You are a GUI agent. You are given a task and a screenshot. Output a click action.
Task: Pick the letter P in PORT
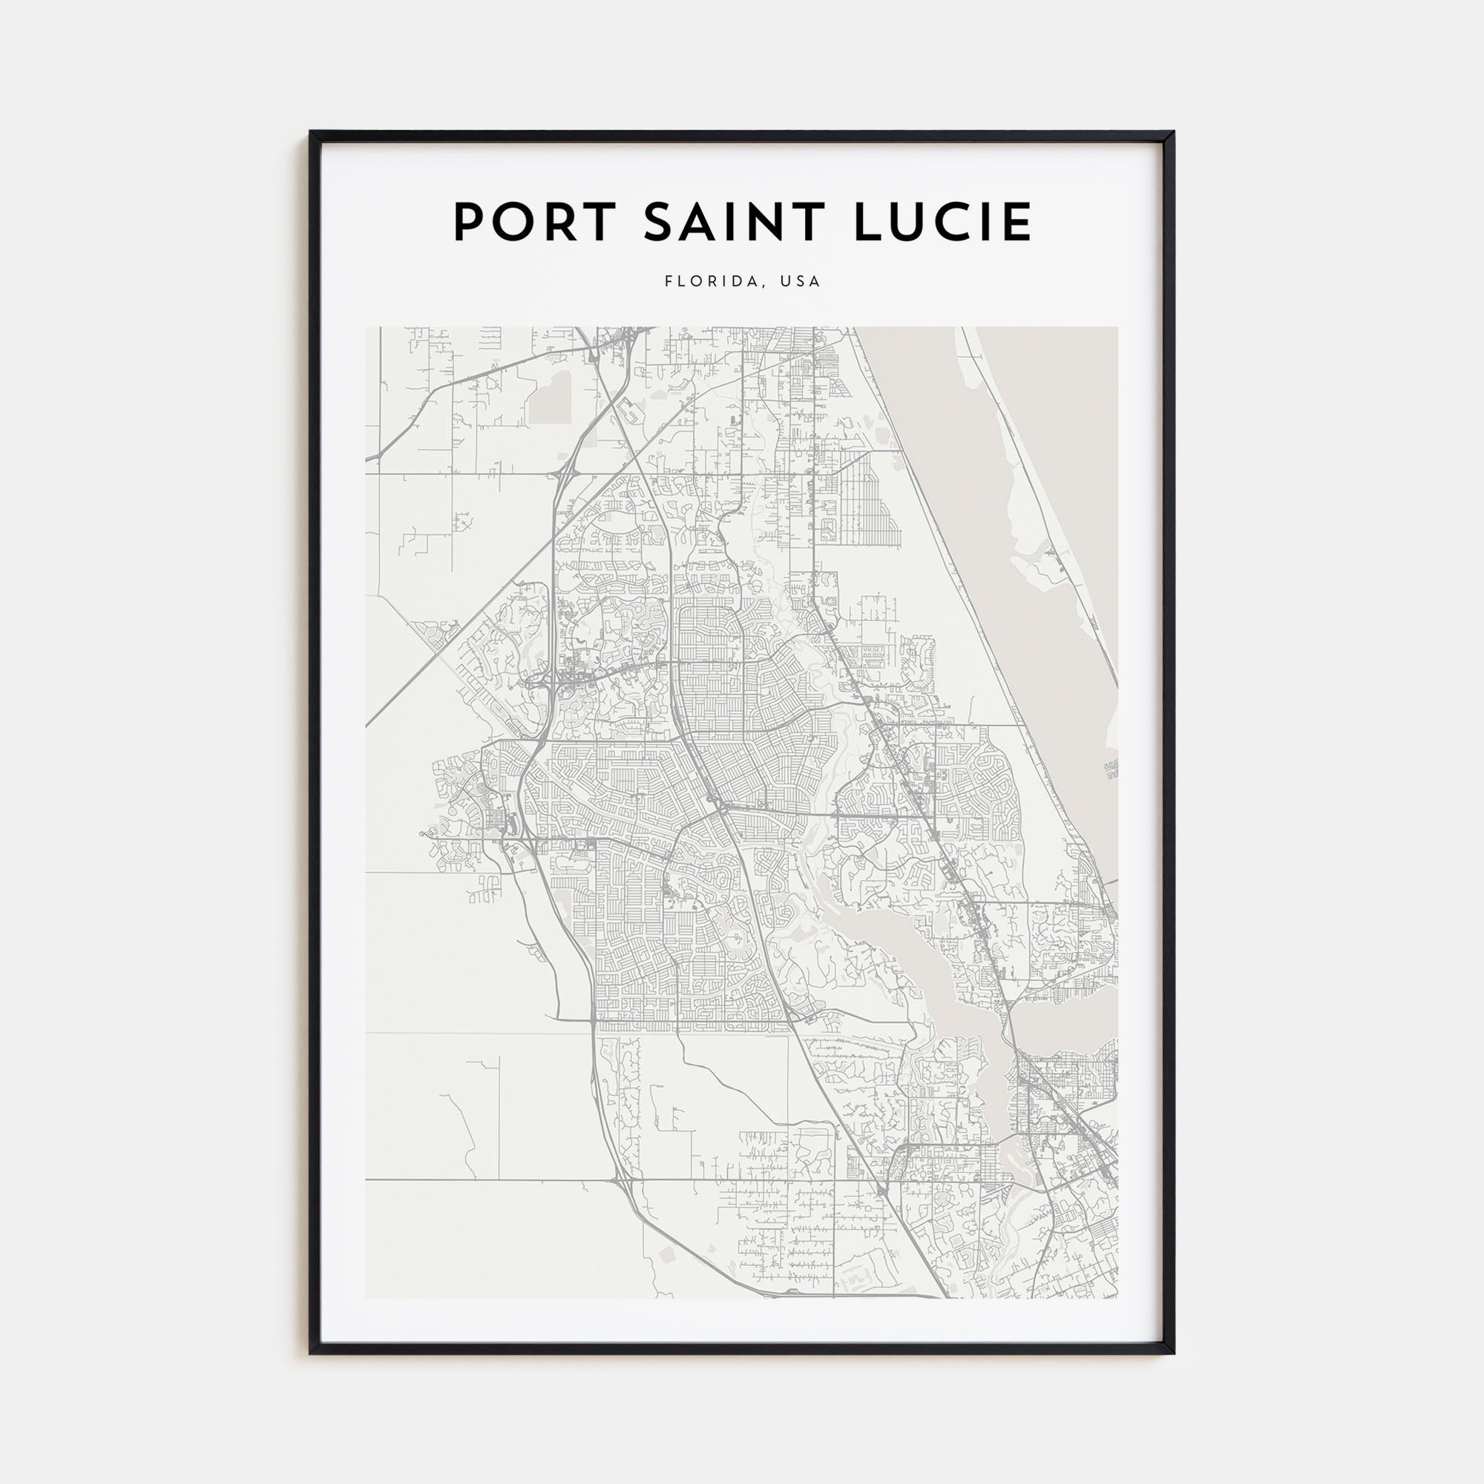(x=467, y=223)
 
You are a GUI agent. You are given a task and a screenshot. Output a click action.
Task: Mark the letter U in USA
(x=785, y=281)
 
